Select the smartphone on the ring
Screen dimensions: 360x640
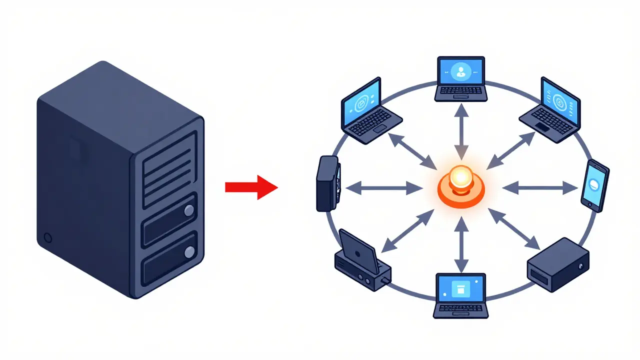point(594,183)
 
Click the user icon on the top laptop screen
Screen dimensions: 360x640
point(460,71)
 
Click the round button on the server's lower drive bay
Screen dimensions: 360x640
point(189,251)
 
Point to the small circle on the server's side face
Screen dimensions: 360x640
point(48,236)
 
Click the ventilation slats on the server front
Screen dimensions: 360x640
point(166,170)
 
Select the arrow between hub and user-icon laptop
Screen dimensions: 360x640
point(460,127)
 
